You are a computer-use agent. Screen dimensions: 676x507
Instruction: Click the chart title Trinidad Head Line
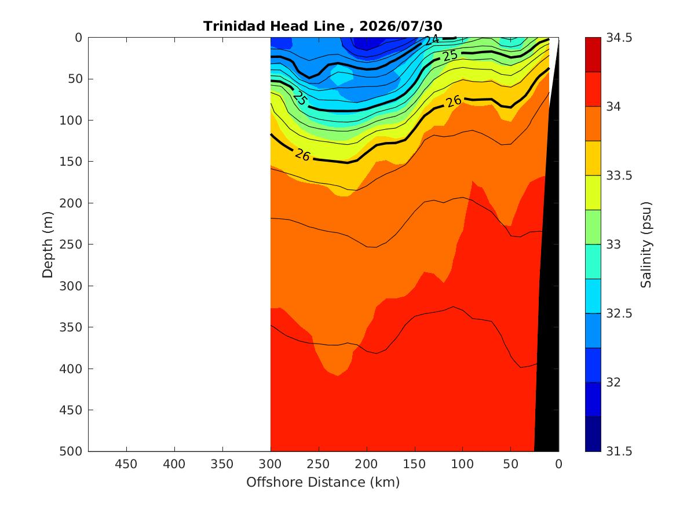[274, 26]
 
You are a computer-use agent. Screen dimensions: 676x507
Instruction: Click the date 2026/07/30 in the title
[400, 26]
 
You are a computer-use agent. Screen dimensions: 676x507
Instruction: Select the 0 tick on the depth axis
[78, 38]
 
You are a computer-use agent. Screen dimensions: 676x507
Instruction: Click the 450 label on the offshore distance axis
[126, 464]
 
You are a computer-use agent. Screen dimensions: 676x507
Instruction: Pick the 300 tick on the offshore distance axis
[271, 464]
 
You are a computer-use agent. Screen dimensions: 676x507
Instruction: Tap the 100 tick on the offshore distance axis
[463, 464]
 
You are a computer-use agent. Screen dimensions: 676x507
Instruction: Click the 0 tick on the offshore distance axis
[559, 464]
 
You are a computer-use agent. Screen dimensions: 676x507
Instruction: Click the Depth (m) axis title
[47, 245]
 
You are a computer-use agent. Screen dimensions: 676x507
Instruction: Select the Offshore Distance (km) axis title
[323, 482]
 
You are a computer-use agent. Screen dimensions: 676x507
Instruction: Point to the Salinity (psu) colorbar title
[646, 245]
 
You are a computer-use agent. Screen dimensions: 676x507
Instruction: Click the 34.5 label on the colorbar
[619, 38]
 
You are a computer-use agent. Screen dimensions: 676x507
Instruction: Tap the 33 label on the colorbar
[613, 245]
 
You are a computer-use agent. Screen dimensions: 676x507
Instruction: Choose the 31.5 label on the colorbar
[619, 451]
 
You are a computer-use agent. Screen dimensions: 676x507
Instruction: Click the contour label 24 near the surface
[432, 40]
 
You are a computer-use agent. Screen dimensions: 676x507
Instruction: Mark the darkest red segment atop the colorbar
[593, 54]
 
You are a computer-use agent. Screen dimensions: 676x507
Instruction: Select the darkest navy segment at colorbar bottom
[593, 434]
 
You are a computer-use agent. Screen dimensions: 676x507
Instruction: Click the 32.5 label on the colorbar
[619, 313]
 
